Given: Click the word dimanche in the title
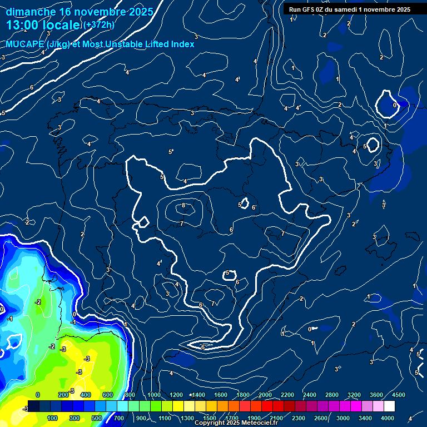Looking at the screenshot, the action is click(x=31, y=12).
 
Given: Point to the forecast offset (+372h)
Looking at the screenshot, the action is click(x=98, y=25).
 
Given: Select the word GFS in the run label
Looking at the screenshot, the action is click(x=312, y=9).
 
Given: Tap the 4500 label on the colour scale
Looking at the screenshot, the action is click(x=398, y=395).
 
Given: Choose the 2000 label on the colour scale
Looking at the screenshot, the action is click(x=265, y=395).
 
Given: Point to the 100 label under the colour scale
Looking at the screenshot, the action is click(x=52, y=418).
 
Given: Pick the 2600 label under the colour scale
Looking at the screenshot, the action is click(x=321, y=418).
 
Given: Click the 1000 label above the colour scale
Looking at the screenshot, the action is click(x=154, y=395).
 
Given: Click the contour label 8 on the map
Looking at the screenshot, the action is click(x=183, y=206).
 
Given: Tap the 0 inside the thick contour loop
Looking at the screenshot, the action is click(x=395, y=105).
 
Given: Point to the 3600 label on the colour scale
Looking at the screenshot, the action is click(x=376, y=395).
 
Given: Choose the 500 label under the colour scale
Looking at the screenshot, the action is click(x=97, y=418).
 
